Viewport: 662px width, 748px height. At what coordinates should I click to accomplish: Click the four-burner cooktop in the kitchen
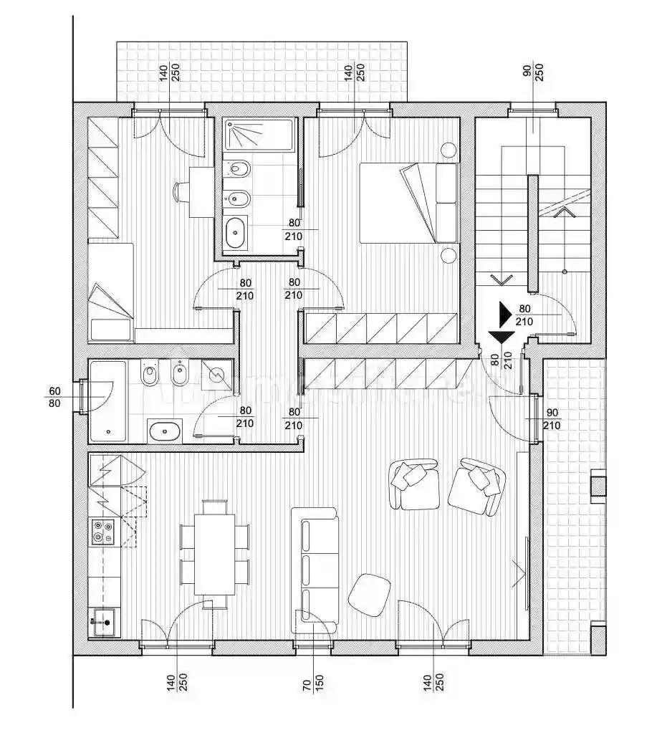(103, 532)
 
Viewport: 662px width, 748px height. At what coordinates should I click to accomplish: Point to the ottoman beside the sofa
(370, 594)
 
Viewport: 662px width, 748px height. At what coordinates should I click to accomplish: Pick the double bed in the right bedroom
(407, 203)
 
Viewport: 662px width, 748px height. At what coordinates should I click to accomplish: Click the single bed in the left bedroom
(111, 291)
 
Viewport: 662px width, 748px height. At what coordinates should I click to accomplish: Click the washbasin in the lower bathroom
(167, 431)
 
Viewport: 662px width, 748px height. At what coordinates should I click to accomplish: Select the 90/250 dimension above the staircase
(533, 72)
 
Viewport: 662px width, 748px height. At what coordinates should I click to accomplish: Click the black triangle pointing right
(506, 314)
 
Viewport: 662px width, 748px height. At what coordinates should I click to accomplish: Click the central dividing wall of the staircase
(532, 233)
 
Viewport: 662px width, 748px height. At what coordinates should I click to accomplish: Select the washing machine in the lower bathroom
(216, 374)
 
